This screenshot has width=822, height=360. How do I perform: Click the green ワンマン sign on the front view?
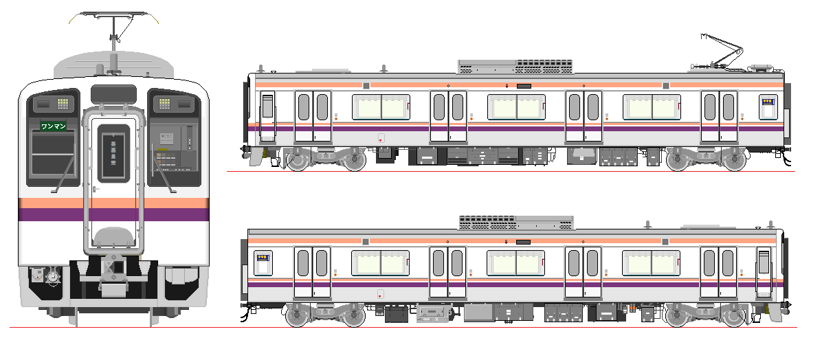pyautogui.click(x=53, y=126)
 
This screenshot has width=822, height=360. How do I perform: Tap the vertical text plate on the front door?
pyautogui.click(x=113, y=153)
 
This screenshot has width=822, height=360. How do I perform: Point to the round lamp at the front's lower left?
pyautogui.click(x=53, y=275)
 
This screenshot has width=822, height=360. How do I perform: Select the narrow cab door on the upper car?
pyautogui.click(x=267, y=116)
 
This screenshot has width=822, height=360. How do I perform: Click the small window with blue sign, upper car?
pyautogui.click(x=768, y=107)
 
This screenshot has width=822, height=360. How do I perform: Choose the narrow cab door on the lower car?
pyautogui.click(x=764, y=272)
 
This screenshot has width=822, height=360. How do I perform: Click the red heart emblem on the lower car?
pyautogui.click(x=380, y=293)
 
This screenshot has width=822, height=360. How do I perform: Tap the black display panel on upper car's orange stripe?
pyautogui.click(x=524, y=85)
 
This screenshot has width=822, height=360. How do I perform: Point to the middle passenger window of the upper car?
pyautogui.click(x=516, y=107)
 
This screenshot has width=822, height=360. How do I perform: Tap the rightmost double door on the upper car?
pyautogui.click(x=719, y=116)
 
